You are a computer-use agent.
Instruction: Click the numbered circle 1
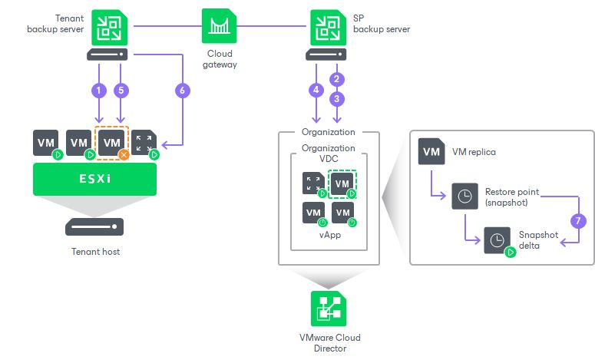[98, 90]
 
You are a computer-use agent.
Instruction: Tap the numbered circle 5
[120, 90]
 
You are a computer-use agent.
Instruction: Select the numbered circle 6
[181, 90]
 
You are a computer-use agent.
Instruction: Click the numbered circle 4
[316, 90]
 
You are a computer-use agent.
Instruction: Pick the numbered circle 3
[335, 98]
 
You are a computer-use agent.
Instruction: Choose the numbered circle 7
[580, 220]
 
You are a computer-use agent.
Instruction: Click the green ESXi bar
[95, 177]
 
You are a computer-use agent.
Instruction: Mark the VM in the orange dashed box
[111, 143]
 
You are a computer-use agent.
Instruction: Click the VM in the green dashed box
[342, 183]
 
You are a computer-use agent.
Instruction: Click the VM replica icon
[431, 151]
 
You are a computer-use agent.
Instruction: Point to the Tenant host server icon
[95, 226]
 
